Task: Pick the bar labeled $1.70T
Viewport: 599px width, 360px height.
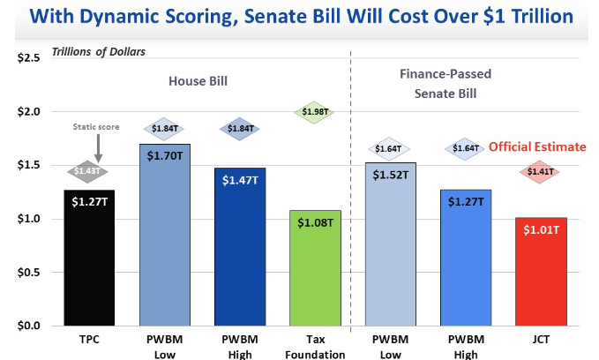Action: click(x=165, y=234)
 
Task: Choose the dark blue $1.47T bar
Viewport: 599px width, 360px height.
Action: click(x=240, y=246)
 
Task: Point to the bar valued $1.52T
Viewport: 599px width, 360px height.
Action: click(x=391, y=244)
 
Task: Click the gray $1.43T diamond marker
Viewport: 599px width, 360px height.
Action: click(x=89, y=170)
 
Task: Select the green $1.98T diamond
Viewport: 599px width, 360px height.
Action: click(x=316, y=112)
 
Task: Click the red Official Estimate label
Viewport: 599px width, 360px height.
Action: click(x=537, y=146)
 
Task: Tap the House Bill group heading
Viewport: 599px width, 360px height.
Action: click(x=199, y=80)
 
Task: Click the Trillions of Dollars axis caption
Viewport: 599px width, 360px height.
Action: click(x=99, y=50)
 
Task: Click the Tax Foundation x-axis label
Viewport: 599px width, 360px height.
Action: click(x=316, y=346)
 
